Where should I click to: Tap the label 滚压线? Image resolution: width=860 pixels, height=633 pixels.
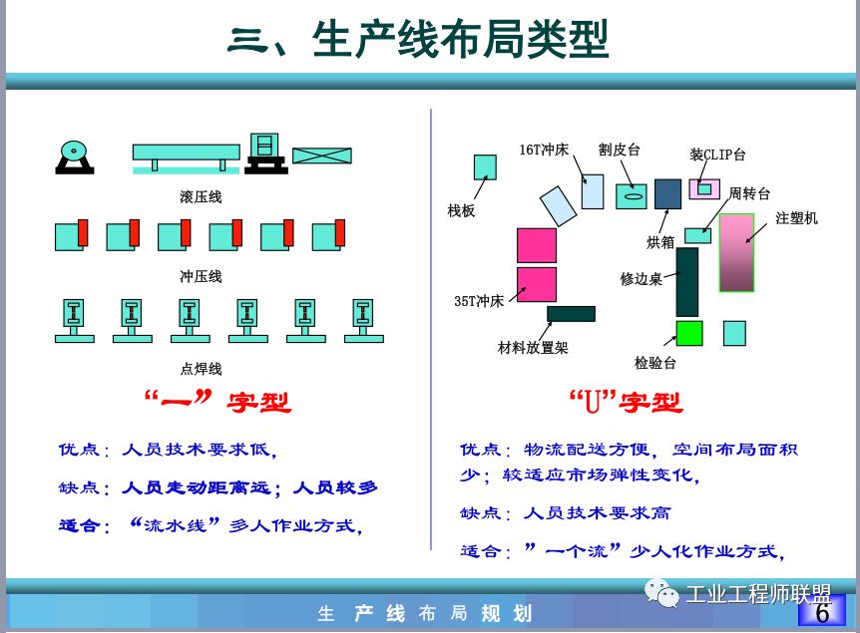pyautogui.click(x=201, y=196)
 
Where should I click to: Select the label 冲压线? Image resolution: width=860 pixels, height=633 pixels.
pyautogui.click(x=201, y=275)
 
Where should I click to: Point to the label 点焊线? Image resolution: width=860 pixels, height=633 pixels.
pyautogui.click(x=201, y=368)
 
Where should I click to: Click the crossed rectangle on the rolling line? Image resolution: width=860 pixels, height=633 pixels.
pyautogui.click(x=321, y=155)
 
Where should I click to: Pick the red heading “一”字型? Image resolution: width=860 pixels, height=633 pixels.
pyautogui.click(x=217, y=403)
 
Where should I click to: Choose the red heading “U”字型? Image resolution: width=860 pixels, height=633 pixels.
pyautogui.click(x=626, y=403)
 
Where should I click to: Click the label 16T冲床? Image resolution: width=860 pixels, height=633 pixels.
pyautogui.click(x=544, y=150)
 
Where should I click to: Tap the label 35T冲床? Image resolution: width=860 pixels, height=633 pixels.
pyautogui.click(x=480, y=299)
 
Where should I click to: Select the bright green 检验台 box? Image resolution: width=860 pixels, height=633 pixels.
pyautogui.click(x=689, y=333)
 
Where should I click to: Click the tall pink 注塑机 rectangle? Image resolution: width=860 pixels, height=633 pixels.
pyautogui.click(x=737, y=252)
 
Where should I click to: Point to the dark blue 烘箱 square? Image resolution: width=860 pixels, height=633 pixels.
pyautogui.click(x=667, y=193)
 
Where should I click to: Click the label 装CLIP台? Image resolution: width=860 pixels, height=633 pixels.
pyautogui.click(x=717, y=155)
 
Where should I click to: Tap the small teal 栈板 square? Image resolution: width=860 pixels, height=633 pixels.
pyautogui.click(x=485, y=166)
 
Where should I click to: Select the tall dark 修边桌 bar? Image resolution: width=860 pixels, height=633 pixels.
pyautogui.click(x=686, y=282)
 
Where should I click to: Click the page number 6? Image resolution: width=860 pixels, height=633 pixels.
pyautogui.click(x=822, y=613)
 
